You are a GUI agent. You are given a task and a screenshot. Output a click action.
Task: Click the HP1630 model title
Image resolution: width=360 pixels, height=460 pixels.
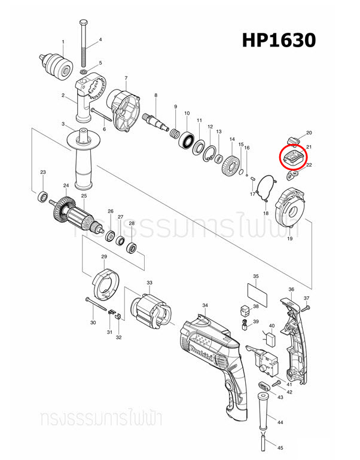(278, 40)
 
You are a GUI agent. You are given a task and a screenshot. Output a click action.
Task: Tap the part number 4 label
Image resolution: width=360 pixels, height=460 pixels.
(100, 40)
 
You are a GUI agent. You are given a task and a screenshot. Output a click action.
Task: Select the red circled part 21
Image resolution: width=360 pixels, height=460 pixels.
(293, 158)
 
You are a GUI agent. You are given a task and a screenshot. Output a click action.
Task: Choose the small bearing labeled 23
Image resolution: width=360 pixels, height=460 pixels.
(43, 195)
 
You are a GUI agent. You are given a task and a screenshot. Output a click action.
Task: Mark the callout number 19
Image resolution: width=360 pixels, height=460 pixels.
(289, 239)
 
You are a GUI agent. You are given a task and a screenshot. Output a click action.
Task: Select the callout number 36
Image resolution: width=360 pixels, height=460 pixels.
(291, 289)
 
